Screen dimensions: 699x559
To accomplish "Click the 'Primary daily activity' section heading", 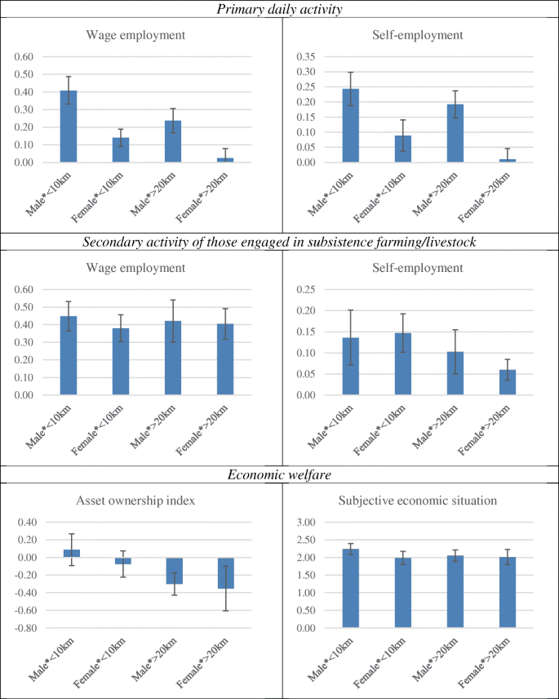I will (279, 9).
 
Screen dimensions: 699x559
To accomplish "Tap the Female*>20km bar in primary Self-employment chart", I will (507, 160).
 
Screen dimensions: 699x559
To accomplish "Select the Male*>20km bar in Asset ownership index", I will (173, 571).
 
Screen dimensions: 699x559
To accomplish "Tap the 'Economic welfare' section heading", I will (279, 474).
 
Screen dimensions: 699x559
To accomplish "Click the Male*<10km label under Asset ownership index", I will (51, 661).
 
